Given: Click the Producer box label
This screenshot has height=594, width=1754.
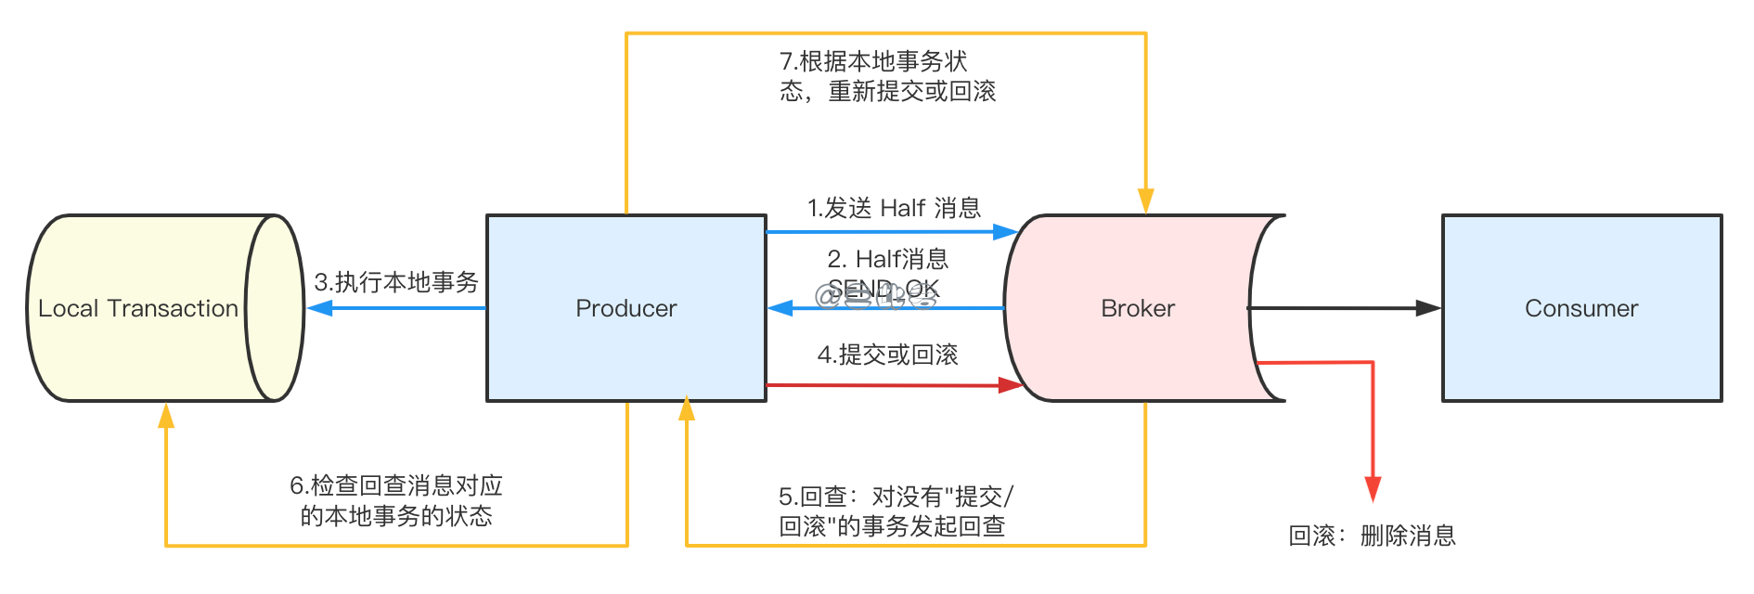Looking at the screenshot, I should [626, 308].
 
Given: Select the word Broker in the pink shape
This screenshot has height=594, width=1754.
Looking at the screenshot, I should [1137, 308].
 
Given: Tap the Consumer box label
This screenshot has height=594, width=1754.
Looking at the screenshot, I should [1580, 308].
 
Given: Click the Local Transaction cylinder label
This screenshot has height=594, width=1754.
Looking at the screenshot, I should [138, 308].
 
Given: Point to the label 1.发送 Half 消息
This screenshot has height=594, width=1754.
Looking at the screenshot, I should [893, 208].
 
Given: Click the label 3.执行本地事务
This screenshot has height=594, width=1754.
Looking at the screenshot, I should [396, 282].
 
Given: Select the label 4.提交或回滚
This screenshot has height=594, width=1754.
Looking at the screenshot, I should [887, 355].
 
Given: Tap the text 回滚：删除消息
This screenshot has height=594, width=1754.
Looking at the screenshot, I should [1372, 536].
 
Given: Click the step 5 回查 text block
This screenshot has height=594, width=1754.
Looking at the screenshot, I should [895, 511].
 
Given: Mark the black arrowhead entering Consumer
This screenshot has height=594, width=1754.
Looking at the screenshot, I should [1427, 308].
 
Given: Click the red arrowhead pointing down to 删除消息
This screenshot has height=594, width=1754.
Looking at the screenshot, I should [1373, 488].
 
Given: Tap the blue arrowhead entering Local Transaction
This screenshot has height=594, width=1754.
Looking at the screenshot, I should [320, 308].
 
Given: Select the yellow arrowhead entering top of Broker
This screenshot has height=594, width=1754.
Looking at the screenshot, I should [1145, 200].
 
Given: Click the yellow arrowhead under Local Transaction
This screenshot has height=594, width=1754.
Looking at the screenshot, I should [166, 416].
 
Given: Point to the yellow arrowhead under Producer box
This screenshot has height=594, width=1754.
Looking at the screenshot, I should [687, 409].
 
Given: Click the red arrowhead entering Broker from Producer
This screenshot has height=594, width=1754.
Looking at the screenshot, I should [1009, 385].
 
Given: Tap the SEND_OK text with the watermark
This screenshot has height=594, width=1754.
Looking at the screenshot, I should [883, 290].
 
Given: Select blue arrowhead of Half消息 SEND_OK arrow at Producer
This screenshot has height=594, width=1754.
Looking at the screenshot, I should [780, 308].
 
